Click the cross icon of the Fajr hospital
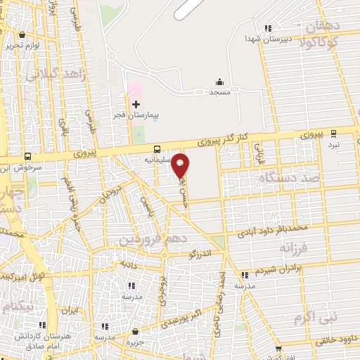(x=136, y=104)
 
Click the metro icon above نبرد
(x=333, y=132)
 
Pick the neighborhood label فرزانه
(x=294, y=248)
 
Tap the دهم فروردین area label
(x=144, y=240)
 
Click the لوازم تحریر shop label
(x=20, y=45)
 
